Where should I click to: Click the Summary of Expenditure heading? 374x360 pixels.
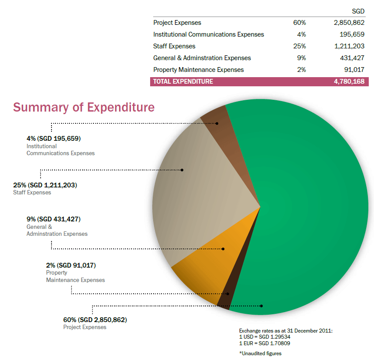(x=84, y=107)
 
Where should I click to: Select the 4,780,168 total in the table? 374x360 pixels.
(x=349, y=82)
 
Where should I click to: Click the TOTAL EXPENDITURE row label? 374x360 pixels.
(x=183, y=82)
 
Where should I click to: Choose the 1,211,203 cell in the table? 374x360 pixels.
(x=349, y=46)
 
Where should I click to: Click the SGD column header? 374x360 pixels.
(x=358, y=11)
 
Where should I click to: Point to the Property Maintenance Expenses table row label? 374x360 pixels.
(x=199, y=70)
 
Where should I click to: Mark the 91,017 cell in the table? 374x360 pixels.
(x=354, y=70)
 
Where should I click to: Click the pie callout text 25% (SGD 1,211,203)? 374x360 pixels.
(x=45, y=185)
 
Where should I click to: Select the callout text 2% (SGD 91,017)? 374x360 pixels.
(x=71, y=265)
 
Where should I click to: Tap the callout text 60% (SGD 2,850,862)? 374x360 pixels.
(x=95, y=320)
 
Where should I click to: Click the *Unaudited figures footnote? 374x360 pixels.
(x=260, y=353)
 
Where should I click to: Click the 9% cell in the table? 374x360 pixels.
(x=301, y=58)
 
